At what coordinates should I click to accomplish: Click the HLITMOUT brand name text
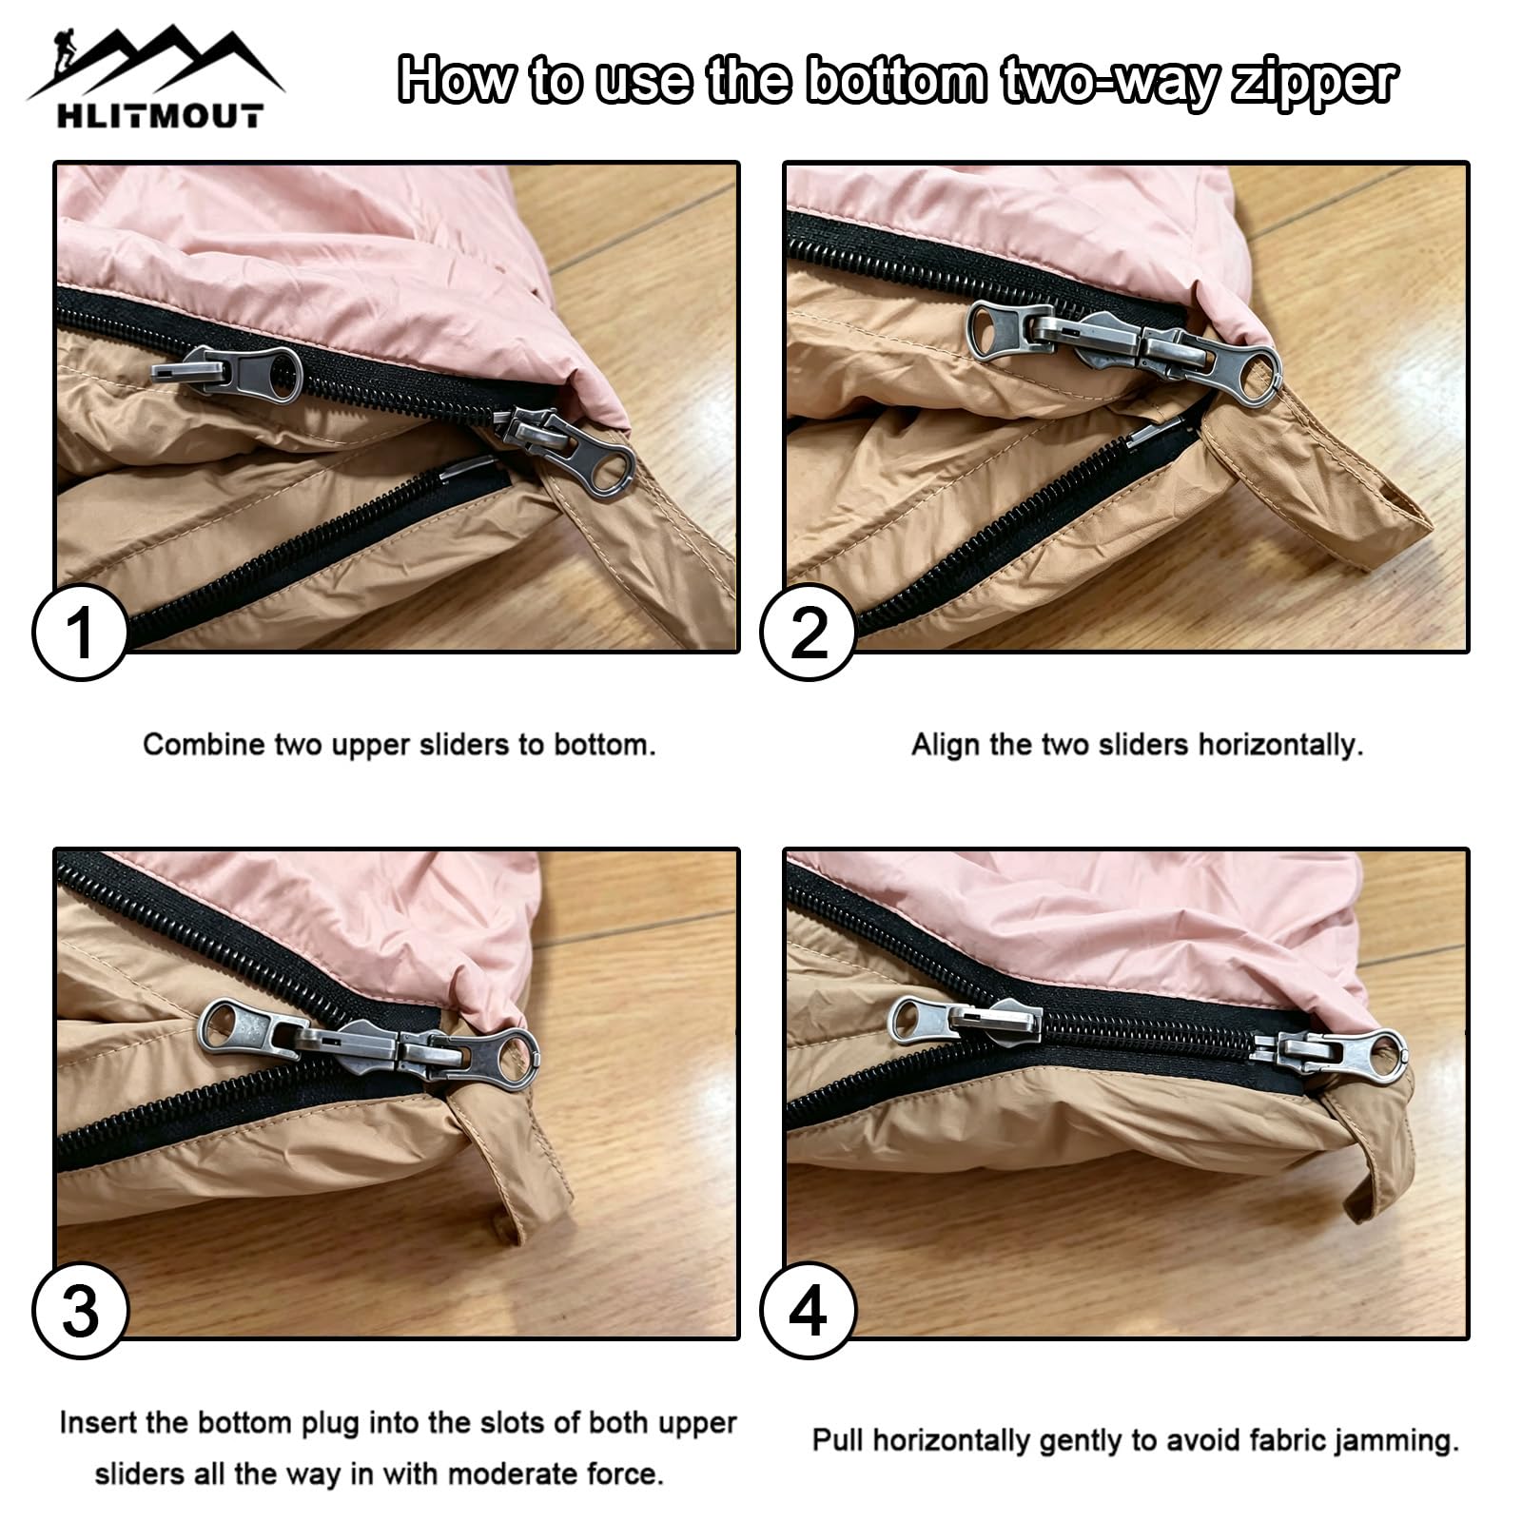[159, 117]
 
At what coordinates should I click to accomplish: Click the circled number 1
[80, 633]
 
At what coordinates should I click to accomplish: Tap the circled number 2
[809, 633]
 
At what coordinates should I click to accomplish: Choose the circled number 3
[80, 1312]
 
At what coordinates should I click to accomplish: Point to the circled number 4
[809, 1312]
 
